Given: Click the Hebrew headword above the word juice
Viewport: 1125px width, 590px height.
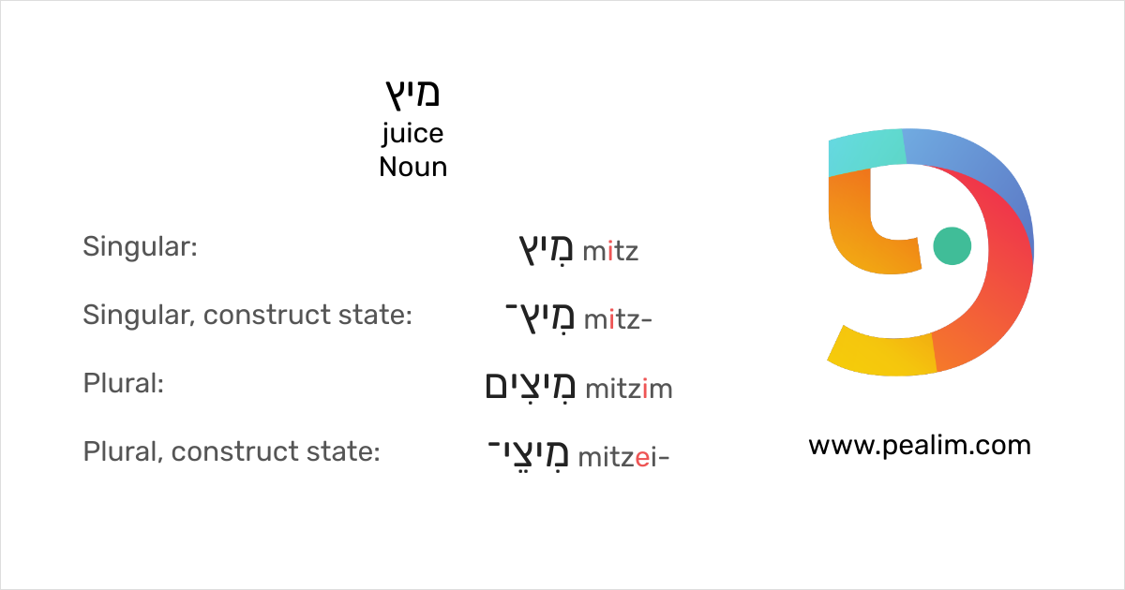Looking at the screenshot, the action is [412, 95].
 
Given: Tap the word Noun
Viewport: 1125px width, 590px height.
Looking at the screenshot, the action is [412, 167].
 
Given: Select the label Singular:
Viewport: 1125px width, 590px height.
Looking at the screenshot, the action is [140, 247].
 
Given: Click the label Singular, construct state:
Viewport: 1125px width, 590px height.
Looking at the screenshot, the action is [247, 315].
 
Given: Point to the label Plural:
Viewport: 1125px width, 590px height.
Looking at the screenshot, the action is [124, 383].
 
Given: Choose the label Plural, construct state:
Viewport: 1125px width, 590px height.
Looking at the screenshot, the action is [232, 451].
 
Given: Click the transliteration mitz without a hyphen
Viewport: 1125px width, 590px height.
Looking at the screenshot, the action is [610, 251].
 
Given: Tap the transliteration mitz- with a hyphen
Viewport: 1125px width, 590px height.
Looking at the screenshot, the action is [618, 319].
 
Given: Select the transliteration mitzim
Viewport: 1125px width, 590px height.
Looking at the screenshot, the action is [629, 389].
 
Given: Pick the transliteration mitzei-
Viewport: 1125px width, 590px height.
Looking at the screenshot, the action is [623, 457].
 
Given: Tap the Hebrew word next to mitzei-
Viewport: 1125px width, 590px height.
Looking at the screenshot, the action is [529, 454].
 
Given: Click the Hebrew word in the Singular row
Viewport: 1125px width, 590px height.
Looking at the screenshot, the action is [546, 250].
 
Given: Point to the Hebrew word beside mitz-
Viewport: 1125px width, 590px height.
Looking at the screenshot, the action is [539, 318].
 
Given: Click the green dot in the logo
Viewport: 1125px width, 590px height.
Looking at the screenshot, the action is [952, 245].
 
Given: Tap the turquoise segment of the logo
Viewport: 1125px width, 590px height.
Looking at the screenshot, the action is [867, 151].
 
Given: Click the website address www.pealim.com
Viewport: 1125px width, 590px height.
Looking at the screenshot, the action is [920, 447].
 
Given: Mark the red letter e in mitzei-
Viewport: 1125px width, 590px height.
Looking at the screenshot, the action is [642, 459].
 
